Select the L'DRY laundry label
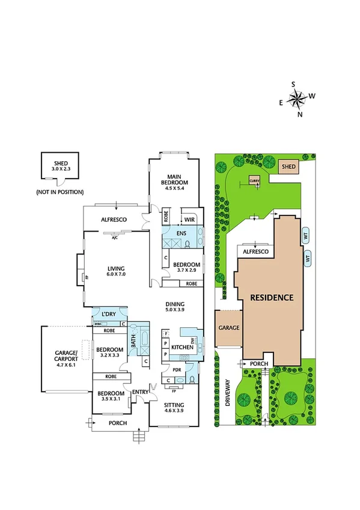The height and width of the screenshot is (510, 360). pos(108,314)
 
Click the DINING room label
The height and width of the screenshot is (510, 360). pos(175,304)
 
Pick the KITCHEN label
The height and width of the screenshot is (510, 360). pos(182,348)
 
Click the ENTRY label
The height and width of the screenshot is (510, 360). pos(140,393)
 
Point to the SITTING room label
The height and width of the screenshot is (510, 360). pos(174,405)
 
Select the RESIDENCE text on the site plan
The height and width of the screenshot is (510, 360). pos(272,297)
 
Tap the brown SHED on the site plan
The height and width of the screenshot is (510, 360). pos(288,166)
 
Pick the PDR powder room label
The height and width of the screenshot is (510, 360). pos(177,370)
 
